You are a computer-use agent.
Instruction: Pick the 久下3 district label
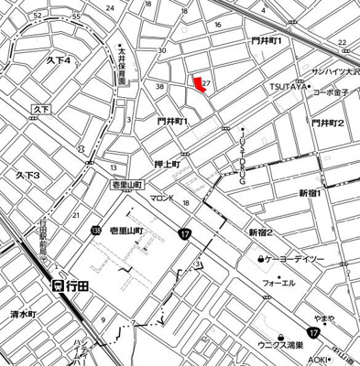(27, 174)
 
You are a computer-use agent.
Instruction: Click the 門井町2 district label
(326, 123)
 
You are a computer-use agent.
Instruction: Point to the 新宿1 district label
(314, 192)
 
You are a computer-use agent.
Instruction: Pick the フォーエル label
(278, 283)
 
